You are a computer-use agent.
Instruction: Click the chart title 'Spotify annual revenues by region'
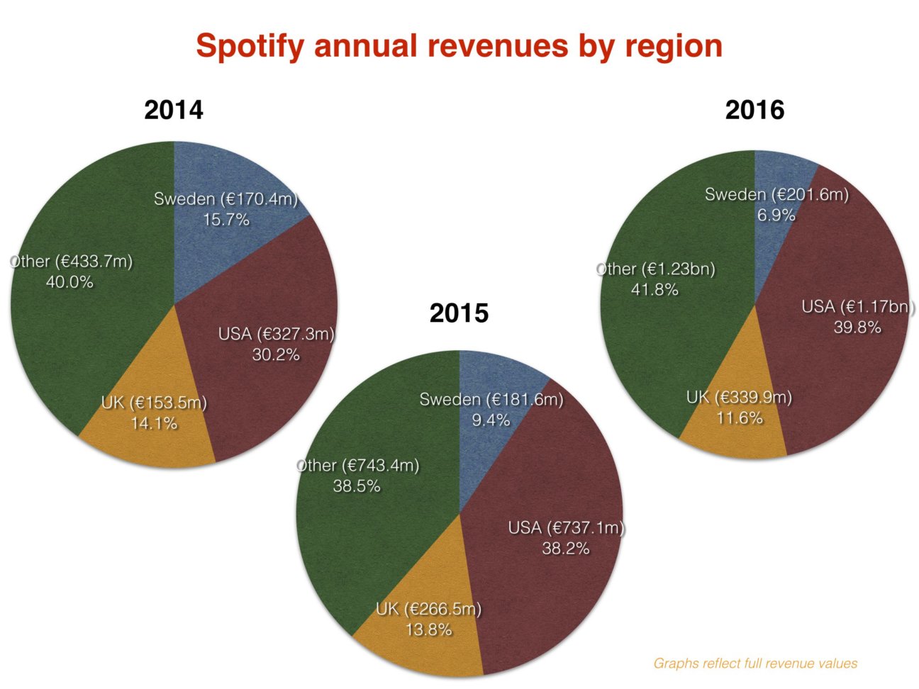coord(459,46)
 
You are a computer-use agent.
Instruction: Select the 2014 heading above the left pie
coord(174,111)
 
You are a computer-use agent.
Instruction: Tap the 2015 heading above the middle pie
coord(459,313)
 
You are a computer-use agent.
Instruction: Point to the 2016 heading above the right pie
coord(754,111)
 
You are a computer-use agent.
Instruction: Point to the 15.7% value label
coord(226,220)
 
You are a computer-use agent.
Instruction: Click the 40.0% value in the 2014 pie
coord(69,282)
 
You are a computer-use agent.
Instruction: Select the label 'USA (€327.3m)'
coord(276,334)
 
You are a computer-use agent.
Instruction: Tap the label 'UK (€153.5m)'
coord(154,403)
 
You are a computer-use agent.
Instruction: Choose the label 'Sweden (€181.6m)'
coord(491,399)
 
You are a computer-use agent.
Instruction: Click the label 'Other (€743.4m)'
coord(357,465)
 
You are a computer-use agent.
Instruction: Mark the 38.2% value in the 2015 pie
coord(565,548)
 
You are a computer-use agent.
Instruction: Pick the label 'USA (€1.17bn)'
coord(857,307)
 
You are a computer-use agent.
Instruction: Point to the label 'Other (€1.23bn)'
coord(655,269)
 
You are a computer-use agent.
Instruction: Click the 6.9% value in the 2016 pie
coord(776,215)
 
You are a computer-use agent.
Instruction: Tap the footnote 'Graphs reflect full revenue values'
coord(755,663)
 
